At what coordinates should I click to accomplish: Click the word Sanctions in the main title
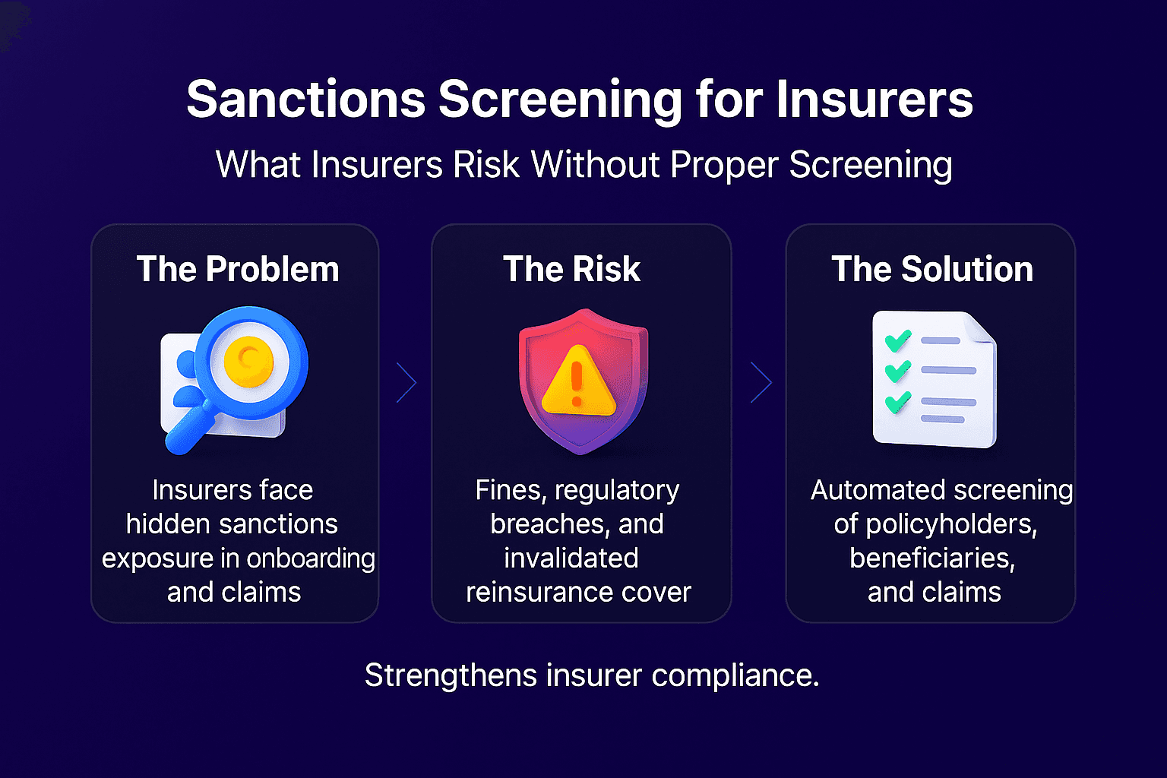tap(306, 100)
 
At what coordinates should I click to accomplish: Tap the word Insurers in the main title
tap(874, 100)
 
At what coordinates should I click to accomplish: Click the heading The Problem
tap(237, 270)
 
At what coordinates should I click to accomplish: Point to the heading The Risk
tap(571, 270)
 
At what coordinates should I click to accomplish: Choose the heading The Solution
tap(931, 270)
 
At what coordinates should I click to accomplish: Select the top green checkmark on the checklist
tap(897, 340)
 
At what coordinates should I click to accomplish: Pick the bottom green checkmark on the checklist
tap(897, 401)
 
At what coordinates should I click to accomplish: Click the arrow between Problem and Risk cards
tap(407, 382)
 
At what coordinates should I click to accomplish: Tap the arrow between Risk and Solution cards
tap(761, 382)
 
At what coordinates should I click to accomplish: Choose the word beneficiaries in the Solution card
tap(931, 558)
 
